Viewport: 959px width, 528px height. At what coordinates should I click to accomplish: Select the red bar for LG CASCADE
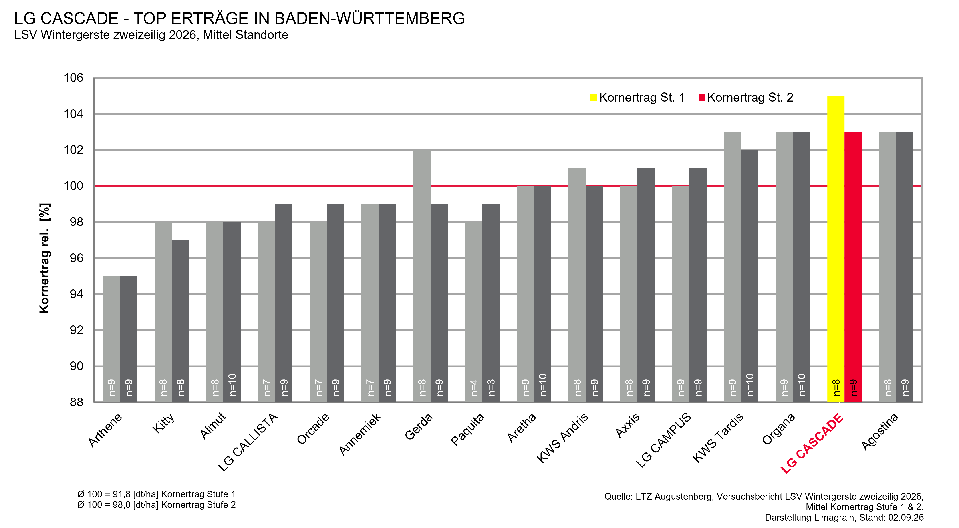[853, 267]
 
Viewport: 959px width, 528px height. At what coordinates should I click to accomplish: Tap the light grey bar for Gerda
[422, 276]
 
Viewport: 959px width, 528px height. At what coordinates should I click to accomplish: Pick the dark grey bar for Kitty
[180, 321]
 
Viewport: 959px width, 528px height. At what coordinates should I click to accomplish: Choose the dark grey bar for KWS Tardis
[749, 276]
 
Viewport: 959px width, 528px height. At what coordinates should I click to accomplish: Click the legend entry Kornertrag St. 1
[637, 98]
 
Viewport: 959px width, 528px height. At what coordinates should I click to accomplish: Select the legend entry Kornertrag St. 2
[746, 98]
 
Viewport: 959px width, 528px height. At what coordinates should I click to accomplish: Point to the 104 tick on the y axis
[73, 114]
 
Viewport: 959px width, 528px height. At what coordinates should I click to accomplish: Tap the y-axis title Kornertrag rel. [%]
[44, 258]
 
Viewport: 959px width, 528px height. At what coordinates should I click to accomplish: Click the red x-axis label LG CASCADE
[812, 443]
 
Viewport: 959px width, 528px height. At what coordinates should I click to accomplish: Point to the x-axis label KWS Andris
[562, 438]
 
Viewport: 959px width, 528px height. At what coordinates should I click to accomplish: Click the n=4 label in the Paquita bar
[474, 388]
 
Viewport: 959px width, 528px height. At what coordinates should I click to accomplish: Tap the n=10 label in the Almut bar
[232, 385]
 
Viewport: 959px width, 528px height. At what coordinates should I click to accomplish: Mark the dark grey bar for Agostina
[905, 267]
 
